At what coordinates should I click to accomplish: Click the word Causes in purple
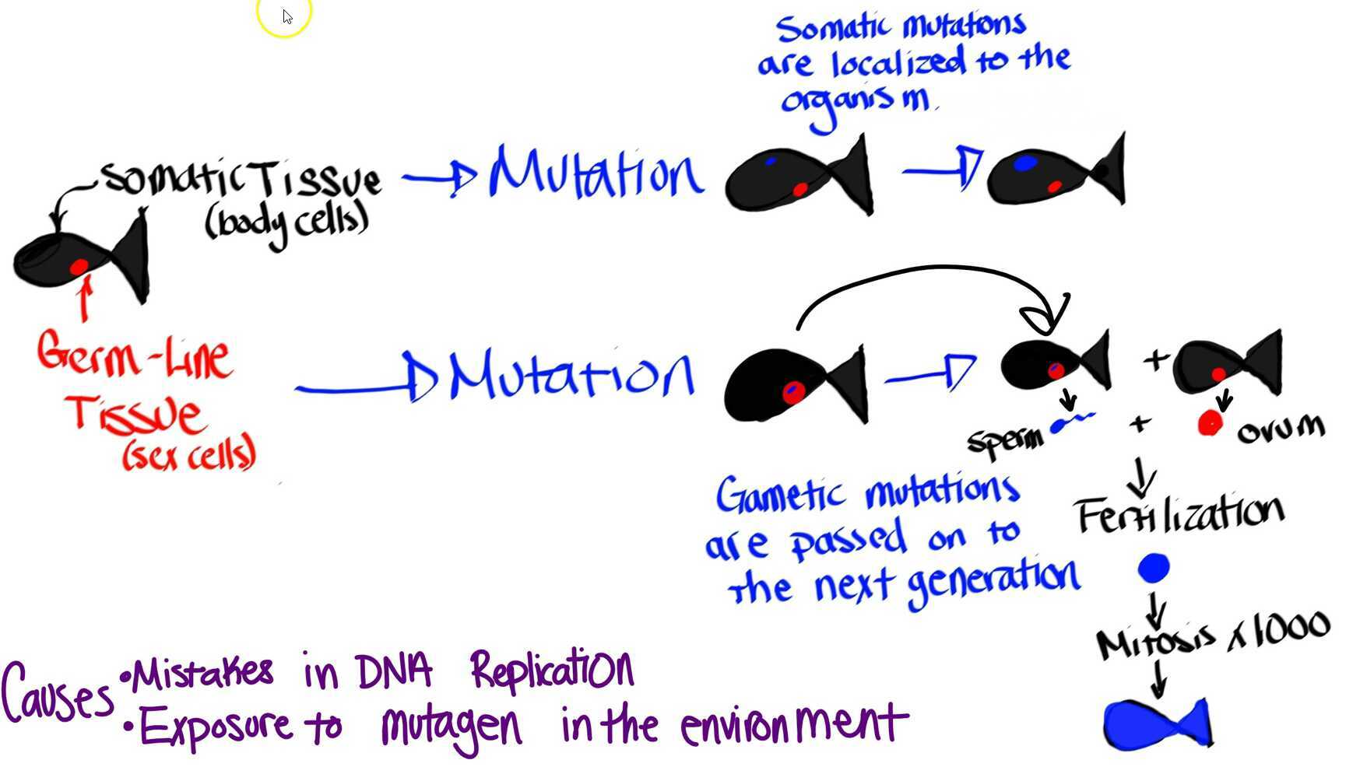click(56, 692)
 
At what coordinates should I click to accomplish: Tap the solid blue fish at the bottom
click(1156, 724)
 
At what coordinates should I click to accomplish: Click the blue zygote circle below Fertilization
click(1153, 568)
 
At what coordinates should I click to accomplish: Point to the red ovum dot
click(1210, 424)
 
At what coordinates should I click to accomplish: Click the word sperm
click(1005, 440)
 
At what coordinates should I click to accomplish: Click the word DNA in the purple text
click(393, 671)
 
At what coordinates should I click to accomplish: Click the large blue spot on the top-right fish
click(1024, 163)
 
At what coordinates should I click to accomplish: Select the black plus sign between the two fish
click(1155, 359)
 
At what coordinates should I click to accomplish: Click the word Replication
click(552, 669)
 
